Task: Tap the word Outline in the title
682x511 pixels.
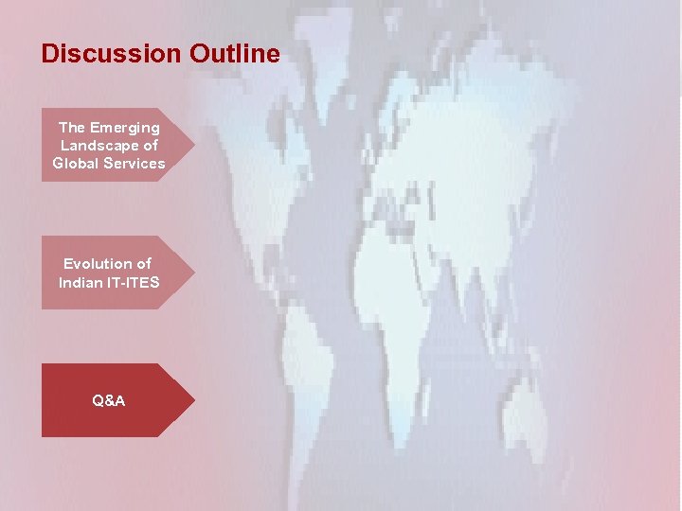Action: click(234, 54)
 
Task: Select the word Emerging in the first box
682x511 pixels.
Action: click(125, 127)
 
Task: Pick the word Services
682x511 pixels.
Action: click(135, 163)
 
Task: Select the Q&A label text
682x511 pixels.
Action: click(109, 400)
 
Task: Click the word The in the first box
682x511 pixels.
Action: click(71, 127)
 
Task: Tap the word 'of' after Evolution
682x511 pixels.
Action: click(144, 264)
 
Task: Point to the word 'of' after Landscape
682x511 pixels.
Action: click(150, 145)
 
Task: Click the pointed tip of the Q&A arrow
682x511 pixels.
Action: click(193, 400)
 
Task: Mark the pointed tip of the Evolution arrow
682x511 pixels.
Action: click(193, 273)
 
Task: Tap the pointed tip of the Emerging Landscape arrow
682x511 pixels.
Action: click(193, 145)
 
